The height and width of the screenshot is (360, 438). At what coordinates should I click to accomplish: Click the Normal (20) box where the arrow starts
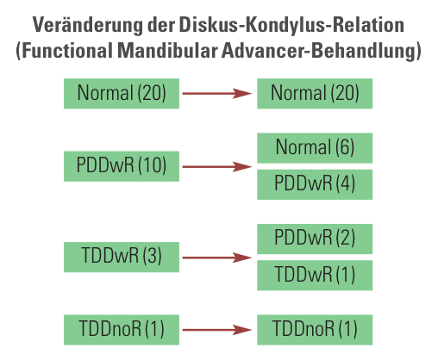(x=122, y=94)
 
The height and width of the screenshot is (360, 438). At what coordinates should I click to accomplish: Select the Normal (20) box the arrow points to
(x=315, y=94)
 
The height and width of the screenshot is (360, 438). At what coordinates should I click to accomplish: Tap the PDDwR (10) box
(x=122, y=166)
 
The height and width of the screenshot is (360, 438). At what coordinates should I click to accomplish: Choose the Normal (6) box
(x=315, y=148)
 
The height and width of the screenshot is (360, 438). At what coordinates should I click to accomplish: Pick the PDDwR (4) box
(x=315, y=184)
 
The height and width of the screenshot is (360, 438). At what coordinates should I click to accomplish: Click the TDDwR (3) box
(x=122, y=257)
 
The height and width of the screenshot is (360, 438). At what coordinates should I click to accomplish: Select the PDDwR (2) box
(x=315, y=239)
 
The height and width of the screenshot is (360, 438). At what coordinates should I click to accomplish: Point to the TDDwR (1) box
(x=315, y=276)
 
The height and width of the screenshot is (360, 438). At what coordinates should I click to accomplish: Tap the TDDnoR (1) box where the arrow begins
(x=122, y=330)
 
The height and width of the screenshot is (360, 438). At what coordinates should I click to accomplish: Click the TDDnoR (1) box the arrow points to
(x=315, y=330)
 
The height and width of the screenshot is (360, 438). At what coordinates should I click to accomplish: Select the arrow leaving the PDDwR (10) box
(x=217, y=166)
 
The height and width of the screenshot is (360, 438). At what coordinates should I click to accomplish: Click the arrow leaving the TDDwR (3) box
(x=217, y=258)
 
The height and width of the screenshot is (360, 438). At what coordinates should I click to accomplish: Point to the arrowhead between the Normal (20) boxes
(x=242, y=93)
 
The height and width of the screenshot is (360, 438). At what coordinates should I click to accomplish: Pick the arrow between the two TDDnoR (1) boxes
(x=217, y=330)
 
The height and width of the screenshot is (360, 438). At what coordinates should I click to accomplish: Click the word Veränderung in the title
(x=87, y=25)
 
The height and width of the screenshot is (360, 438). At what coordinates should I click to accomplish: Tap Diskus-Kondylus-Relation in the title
(x=291, y=25)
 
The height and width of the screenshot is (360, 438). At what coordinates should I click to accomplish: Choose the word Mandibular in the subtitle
(x=167, y=51)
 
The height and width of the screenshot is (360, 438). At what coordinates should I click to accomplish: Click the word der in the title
(x=161, y=25)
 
